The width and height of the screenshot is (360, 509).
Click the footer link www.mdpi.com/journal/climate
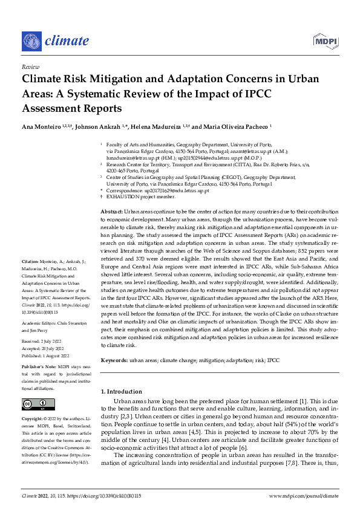(303, 494)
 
